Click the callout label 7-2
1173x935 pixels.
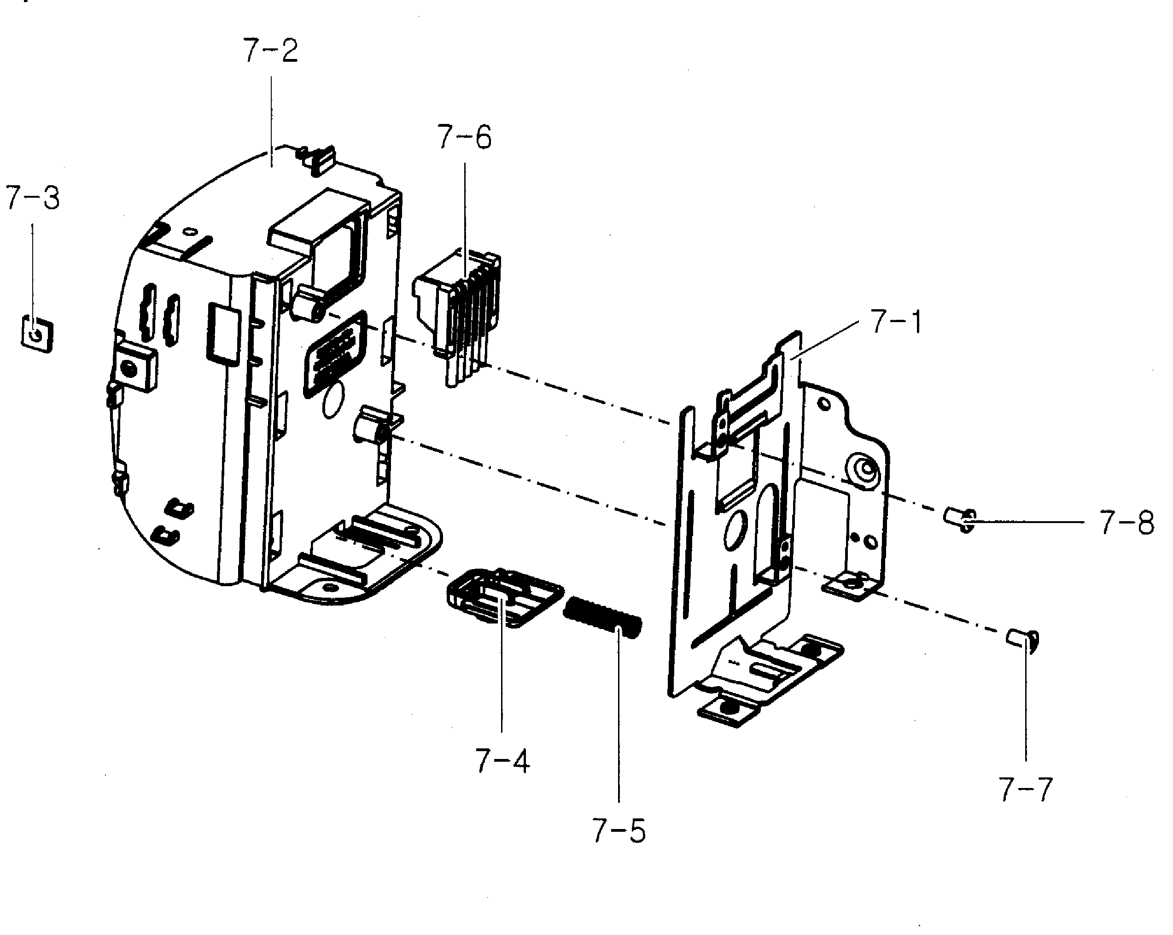coord(270,51)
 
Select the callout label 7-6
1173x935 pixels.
coord(464,137)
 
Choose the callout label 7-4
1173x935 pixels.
coord(502,761)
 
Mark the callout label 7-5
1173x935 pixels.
coord(619,831)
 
